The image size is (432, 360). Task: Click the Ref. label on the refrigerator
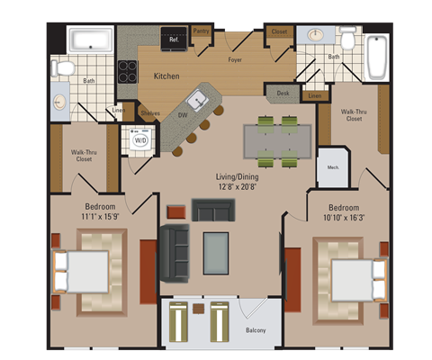coord(174,39)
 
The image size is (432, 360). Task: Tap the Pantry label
coord(201,31)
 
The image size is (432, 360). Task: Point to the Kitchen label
coord(167,76)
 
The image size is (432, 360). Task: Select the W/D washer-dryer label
coord(141,140)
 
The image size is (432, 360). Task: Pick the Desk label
coord(283,93)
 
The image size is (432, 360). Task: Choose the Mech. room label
coord(332,166)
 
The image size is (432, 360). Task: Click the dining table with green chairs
coord(277,141)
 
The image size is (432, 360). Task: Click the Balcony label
coord(256,330)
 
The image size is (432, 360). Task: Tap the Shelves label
coord(149,112)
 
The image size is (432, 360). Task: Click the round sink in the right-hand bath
coord(316,36)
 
